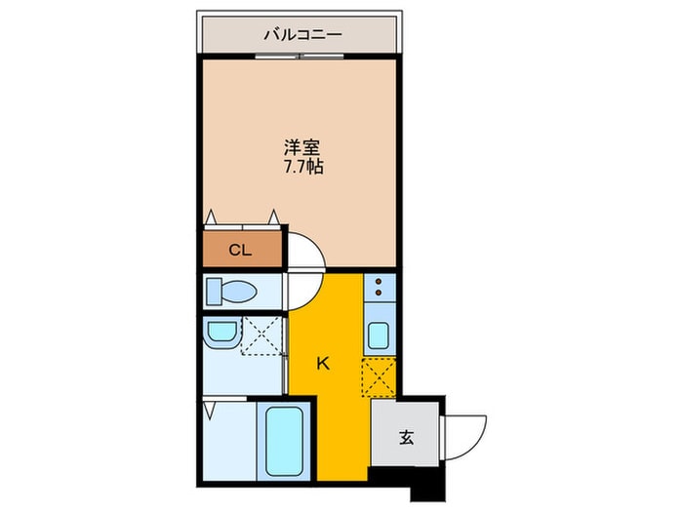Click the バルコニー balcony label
point(302,34)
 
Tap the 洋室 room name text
point(302,148)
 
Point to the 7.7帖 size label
point(303,167)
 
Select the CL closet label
point(240,250)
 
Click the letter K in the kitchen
point(322,363)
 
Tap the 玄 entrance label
point(407,437)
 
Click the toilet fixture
point(231,291)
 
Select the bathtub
point(284,441)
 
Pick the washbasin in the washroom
point(221,334)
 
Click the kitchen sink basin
point(379,335)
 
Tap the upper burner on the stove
point(379,281)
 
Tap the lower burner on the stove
point(379,293)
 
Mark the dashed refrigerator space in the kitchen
point(379,377)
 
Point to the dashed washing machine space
point(261,335)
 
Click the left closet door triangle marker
point(212,217)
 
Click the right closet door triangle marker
point(273,217)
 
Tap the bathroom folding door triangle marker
point(210,411)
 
